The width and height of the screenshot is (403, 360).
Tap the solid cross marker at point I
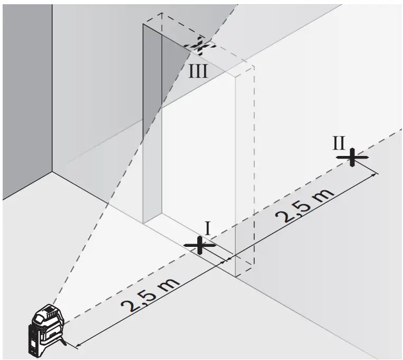[199, 245]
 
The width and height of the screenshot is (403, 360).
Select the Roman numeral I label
[208, 228]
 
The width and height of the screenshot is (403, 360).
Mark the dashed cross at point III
[199, 45]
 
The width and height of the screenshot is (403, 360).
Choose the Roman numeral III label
[198, 71]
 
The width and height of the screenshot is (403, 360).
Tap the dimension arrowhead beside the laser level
[78, 347]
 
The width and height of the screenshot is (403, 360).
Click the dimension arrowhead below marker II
[376, 174]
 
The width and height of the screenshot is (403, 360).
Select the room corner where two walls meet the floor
[52, 172]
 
